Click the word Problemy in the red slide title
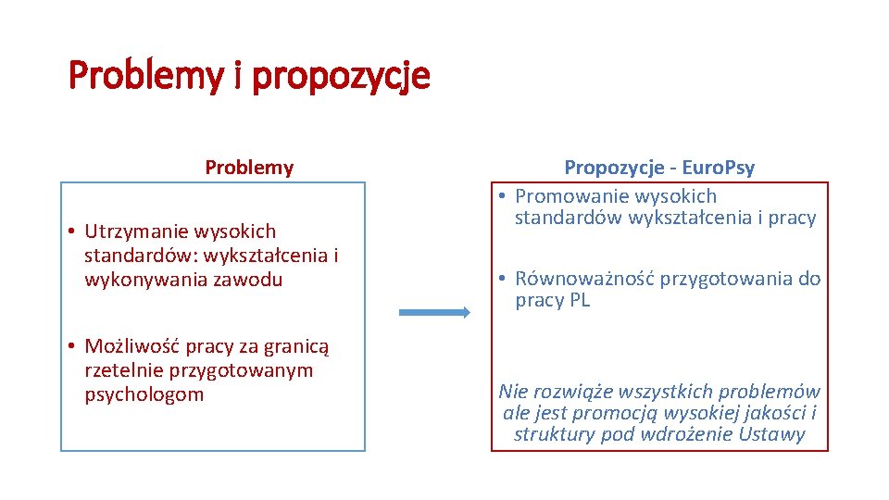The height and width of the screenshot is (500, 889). tap(145, 76)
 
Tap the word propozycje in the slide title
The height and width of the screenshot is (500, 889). tap(341, 76)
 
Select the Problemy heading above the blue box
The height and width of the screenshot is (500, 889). tap(249, 168)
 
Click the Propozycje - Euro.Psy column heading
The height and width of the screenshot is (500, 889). tap(659, 168)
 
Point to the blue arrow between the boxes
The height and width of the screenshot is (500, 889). tap(433, 313)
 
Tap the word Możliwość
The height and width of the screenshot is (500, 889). tap(132, 347)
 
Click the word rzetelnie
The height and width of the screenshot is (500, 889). tap(121, 371)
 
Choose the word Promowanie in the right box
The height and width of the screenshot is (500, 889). tap(567, 196)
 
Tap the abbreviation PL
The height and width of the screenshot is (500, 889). tap(578, 301)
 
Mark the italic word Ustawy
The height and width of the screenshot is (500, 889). tap(772, 435)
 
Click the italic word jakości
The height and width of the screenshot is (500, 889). tap(772, 413)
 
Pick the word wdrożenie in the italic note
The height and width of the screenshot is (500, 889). tap(690, 435)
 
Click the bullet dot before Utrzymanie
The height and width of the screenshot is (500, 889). tap(71, 231)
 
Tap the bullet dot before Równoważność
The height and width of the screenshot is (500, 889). tap(501, 279)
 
